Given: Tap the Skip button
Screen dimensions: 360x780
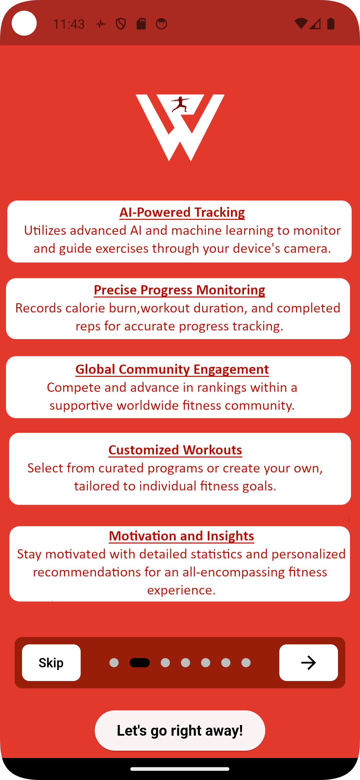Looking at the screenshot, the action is point(51,663).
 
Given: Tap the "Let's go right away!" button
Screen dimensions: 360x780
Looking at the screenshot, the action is point(180,730).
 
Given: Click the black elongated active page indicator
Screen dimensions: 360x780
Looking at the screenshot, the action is point(140,663).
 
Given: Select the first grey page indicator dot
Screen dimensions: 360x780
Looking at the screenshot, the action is point(114,663).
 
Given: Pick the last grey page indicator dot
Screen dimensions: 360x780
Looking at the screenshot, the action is point(246,663).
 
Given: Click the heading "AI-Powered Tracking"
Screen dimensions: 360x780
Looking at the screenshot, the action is point(182,212).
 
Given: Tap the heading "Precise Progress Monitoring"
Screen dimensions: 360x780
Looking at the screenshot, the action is point(179,290).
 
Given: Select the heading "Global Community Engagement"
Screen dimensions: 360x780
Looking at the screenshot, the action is point(172,369).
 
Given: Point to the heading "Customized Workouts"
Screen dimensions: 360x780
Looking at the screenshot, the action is point(175,450).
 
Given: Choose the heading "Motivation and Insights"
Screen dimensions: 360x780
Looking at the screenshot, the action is point(182,536).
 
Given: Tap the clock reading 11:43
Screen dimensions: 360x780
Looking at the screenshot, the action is point(69,24).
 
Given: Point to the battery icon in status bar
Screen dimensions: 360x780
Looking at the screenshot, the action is point(331,24).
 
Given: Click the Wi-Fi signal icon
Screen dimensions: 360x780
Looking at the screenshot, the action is point(301,24).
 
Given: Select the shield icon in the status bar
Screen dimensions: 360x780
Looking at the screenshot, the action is point(121,24).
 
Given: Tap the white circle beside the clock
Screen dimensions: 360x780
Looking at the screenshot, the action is point(24,23).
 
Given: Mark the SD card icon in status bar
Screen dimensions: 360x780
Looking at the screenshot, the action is point(141,24).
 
